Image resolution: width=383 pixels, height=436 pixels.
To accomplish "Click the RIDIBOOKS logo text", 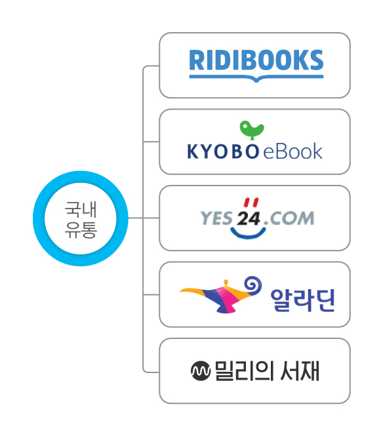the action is pyautogui.click(x=256, y=60).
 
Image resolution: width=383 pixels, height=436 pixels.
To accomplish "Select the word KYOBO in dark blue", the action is pyautogui.click(x=223, y=152).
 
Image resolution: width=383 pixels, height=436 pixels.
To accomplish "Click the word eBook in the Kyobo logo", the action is pyautogui.click(x=292, y=151).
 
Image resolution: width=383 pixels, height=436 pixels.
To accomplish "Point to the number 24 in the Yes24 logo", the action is pyautogui.click(x=249, y=218).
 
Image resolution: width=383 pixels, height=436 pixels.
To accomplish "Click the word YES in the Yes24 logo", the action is pyautogui.click(x=216, y=218).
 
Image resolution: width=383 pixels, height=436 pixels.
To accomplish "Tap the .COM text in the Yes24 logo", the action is pyautogui.click(x=289, y=218).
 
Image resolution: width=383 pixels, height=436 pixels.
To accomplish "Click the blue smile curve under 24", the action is pyautogui.click(x=248, y=235).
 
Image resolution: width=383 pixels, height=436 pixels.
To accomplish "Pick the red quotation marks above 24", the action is pyautogui.click(x=251, y=203).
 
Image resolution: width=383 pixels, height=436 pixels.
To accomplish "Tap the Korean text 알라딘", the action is pyautogui.click(x=302, y=300).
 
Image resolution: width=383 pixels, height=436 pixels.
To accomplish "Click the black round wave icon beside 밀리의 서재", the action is pyautogui.click(x=201, y=370).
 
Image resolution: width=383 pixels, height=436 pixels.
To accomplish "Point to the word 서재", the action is pyautogui.click(x=300, y=370).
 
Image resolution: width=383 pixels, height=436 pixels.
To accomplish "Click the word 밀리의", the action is pyautogui.click(x=243, y=371).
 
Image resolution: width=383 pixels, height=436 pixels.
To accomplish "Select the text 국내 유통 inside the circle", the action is pyautogui.click(x=81, y=220).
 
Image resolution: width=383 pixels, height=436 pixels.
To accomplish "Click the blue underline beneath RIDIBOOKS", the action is pyautogui.click(x=256, y=77).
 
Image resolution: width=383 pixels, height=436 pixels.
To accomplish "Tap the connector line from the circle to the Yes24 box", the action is pyautogui.click(x=144, y=218).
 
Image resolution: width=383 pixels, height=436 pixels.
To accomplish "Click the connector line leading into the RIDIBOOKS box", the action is pyautogui.click(x=151, y=66).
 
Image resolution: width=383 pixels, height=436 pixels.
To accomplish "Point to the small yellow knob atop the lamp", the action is pyautogui.click(x=226, y=283).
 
